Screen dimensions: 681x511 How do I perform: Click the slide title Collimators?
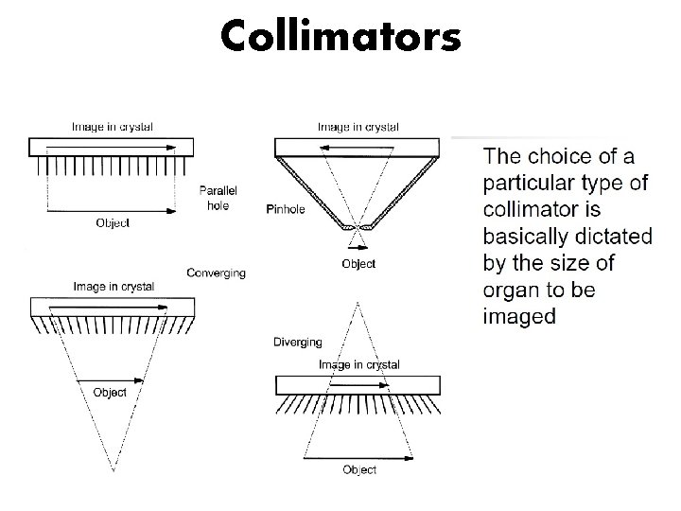pyautogui.click(x=340, y=36)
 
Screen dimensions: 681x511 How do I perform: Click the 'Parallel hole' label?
pyautogui.click(x=218, y=198)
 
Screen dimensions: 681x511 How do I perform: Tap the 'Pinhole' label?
pyautogui.click(x=286, y=209)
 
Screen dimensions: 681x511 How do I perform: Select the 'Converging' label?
pyautogui.click(x=217, y=273)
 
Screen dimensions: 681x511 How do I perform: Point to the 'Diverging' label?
pyautogui.click(x=297, y=342)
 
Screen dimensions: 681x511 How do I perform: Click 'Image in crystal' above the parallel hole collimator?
pyautogui.click(x=113, y=126)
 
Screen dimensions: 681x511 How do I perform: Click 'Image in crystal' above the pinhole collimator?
pyautogui.click(x=358, y=126)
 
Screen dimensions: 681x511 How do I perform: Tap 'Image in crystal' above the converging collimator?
pyautogui.click(x=113, y=286)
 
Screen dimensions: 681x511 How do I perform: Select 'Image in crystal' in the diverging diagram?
pyautogui.click(x=358, y=364)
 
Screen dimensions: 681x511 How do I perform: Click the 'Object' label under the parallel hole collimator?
pyautogui.click(x=113, y=223)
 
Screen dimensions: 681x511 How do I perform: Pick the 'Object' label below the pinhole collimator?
pyautogui.click(x=358, y=264)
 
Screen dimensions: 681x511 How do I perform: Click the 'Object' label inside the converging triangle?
pyautogui.click(x=110, y=392)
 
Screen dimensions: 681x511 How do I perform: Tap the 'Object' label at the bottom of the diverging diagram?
pyautogui.click(x=359, y=469)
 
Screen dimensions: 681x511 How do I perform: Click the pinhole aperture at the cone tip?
pyautogui.click(x=358, y=228)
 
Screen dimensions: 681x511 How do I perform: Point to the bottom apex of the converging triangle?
pyautogui.click(x=113, y=468)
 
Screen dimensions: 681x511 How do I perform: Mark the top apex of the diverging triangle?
pyautogui.click(x=358, y=301)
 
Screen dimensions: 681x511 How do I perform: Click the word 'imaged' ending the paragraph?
pyautogui.click(x=519, y=316)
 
